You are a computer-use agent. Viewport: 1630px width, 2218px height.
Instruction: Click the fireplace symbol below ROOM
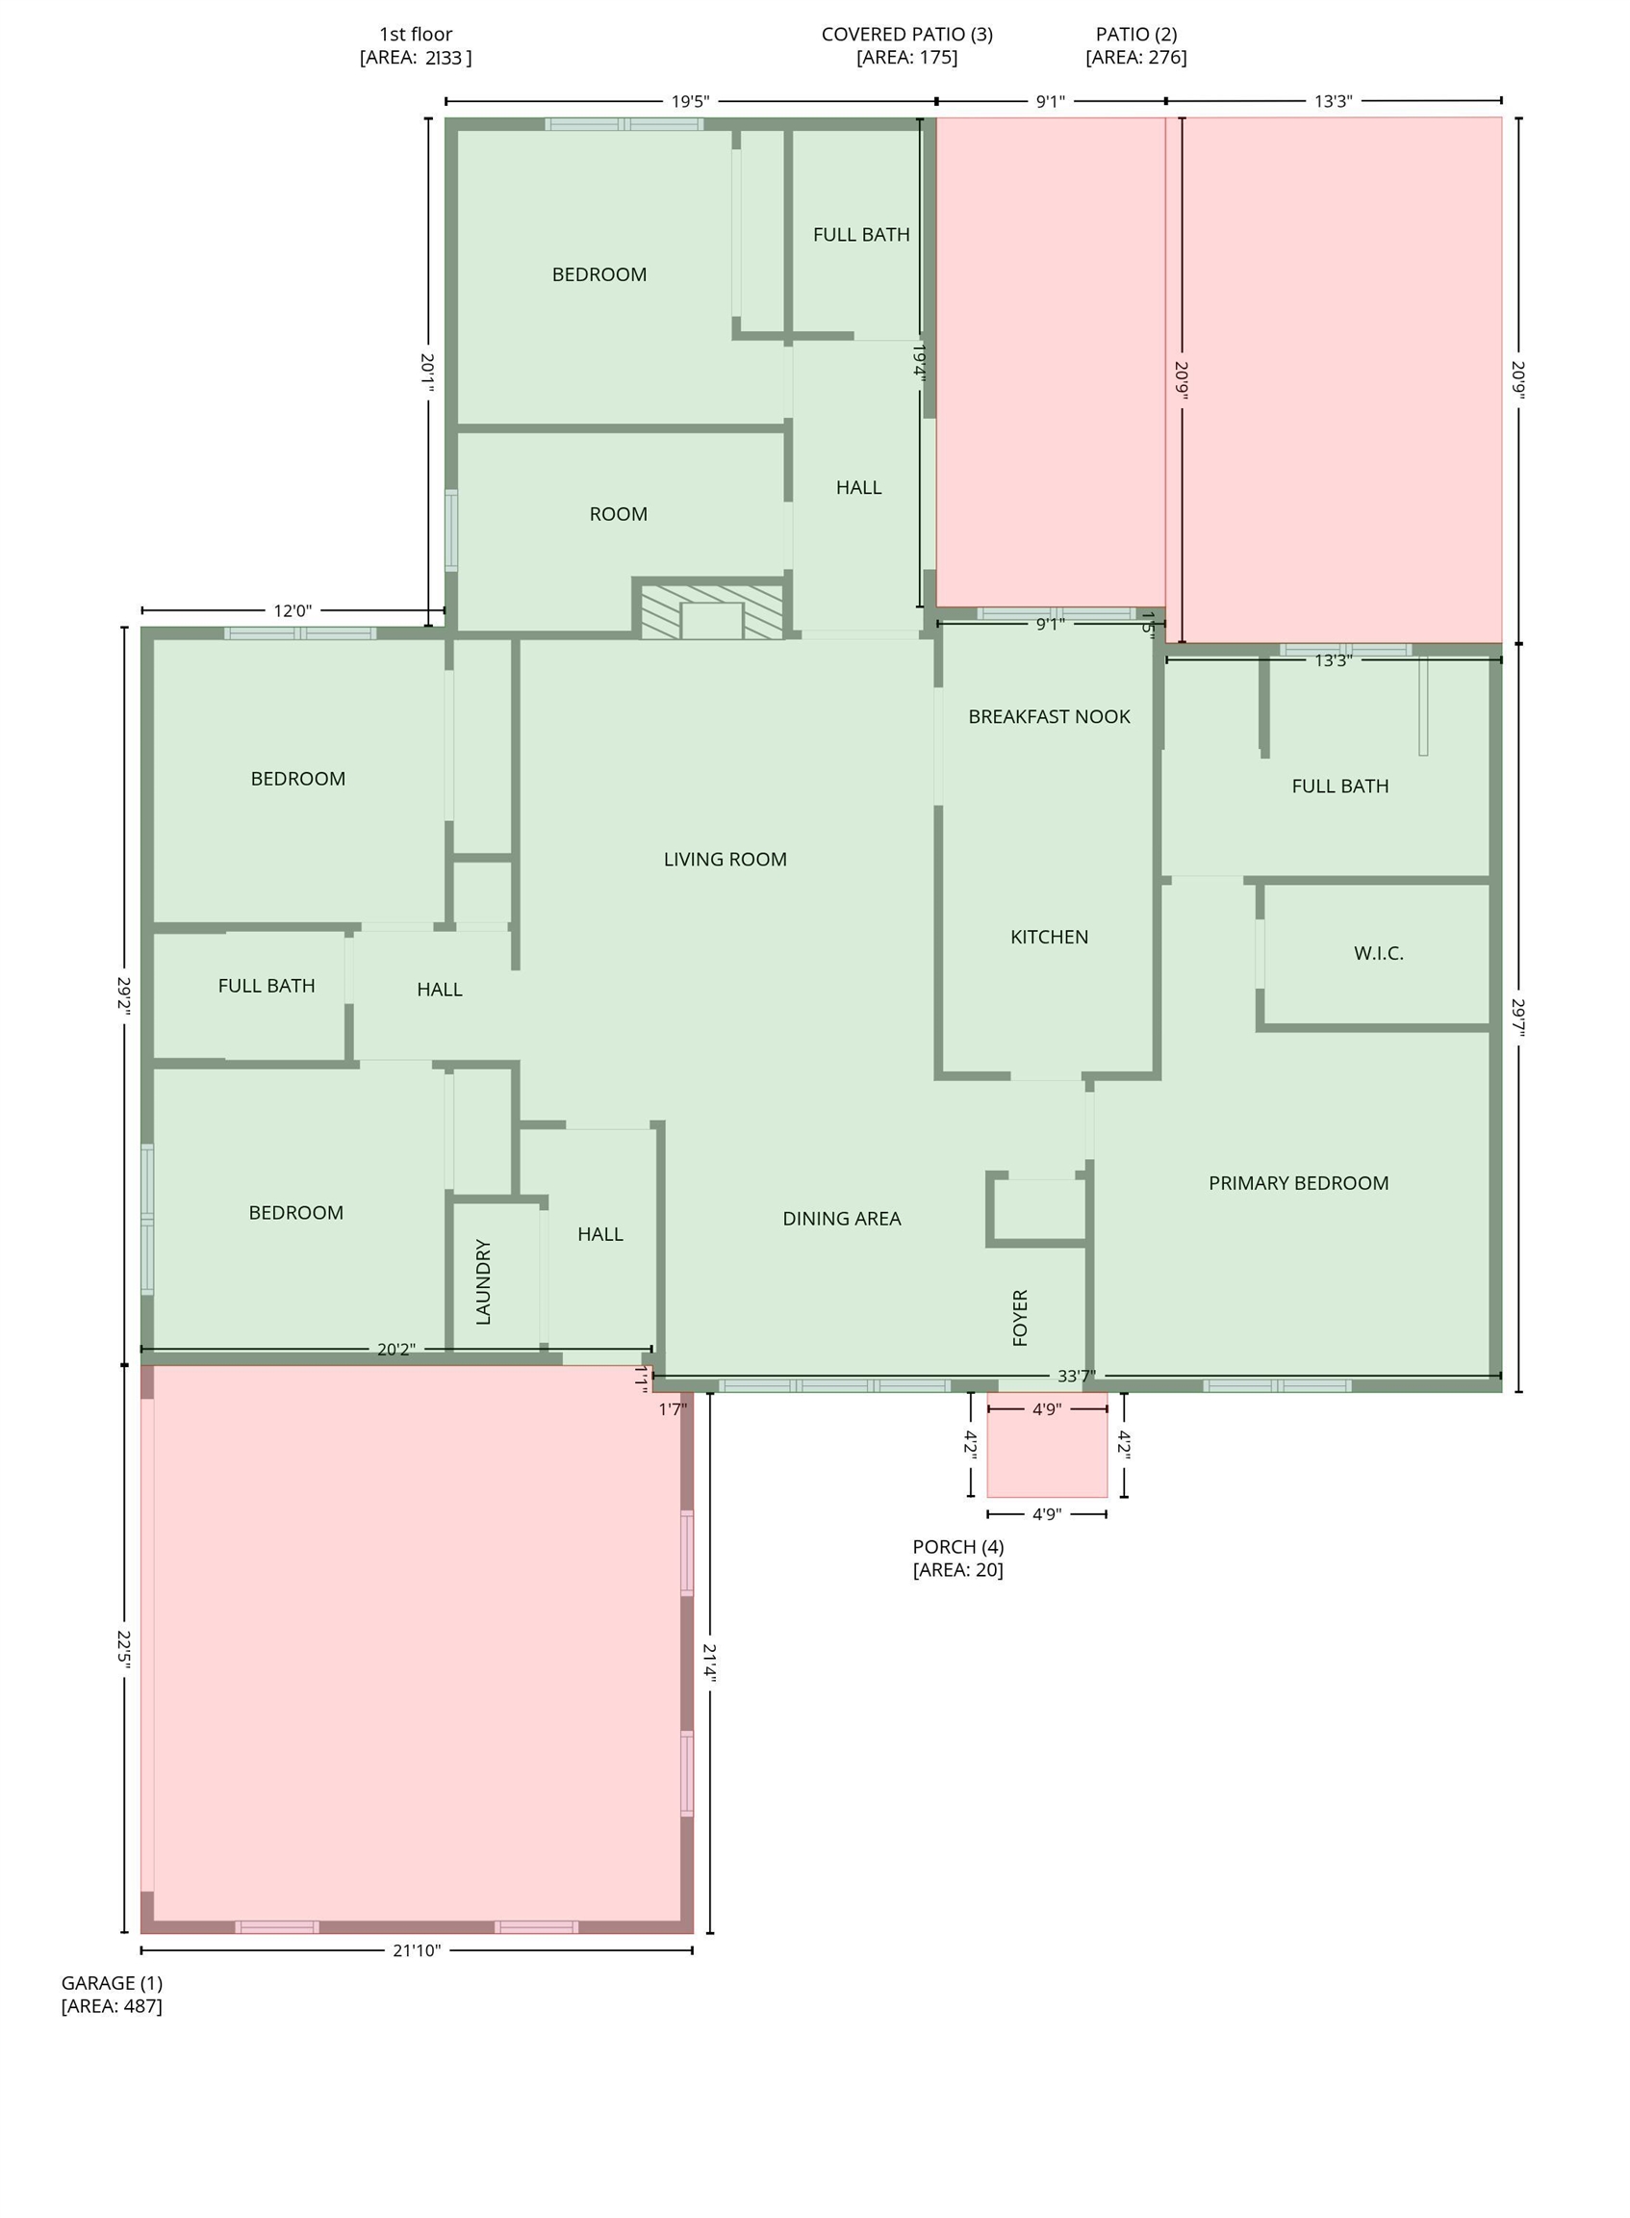coord(711,611)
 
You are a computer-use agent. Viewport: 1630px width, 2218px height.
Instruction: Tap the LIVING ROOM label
coord(726,860)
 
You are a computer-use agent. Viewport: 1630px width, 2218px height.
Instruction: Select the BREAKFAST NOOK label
coord(1049,716)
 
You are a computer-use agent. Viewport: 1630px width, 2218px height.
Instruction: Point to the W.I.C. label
coord(1379,954)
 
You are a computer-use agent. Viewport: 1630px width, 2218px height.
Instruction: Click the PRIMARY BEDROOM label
coord(1298,1182)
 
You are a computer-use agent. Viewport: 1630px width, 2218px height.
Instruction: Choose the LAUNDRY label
coord(482,1282)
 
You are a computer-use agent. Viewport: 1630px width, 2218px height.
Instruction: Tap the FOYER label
coord(1020,1318)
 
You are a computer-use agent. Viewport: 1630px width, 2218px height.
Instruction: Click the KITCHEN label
coord(1049,937)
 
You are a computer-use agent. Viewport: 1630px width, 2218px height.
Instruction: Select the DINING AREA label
coord(842,1219)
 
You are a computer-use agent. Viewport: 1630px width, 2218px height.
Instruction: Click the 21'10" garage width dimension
coord(417,1950)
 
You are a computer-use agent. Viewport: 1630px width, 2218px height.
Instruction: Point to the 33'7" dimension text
coord(1077,1376)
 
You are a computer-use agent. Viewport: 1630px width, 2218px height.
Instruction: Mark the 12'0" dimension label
coord(293,611)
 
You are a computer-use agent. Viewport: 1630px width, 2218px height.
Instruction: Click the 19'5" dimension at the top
coord(691,102)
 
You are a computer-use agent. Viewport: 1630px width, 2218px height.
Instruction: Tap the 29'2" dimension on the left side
coord(124,997)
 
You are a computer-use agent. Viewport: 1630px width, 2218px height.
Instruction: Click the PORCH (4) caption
coord(958,1547)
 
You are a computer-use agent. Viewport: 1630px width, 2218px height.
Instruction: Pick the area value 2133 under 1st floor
coord(443,57)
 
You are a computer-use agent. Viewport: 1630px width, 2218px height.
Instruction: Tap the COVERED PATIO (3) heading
coord(906,35)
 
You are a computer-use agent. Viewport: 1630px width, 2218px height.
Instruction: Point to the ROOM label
coord(619,514)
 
